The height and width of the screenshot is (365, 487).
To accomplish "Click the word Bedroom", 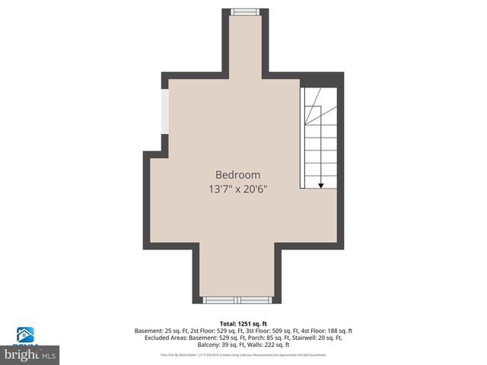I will (x=237, y=174).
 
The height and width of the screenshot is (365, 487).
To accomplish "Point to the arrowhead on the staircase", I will (x=320, y=184).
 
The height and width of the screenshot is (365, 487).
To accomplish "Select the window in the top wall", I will (x=243, y=11).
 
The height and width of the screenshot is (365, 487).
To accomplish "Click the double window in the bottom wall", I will (x=236, y=300).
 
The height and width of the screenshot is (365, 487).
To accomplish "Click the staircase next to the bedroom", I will (x=320, y=137).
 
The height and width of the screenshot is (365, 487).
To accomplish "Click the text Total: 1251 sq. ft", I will (x=243, y=323).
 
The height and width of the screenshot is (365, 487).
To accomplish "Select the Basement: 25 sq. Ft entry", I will (x=162, y=331).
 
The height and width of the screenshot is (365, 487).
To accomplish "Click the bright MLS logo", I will (x=30, y=354).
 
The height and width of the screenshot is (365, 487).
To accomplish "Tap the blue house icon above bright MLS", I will (x=26, y=335).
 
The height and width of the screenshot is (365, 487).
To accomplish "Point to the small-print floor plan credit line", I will (x=243, y=354).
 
